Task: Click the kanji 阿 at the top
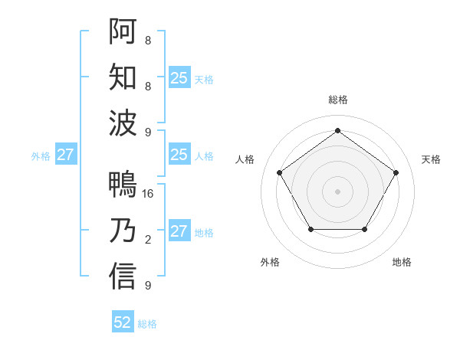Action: [123, 31]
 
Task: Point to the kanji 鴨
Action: [123, 185]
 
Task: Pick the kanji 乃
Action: [123, 231]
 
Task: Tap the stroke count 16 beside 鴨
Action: [149, 194]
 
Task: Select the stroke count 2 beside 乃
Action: [147, 240]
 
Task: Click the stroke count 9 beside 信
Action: [147, 286]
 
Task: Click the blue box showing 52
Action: [123, 322]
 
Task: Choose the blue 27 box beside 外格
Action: [65, 155]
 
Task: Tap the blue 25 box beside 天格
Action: [179, 77]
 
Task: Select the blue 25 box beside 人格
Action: [179, 155]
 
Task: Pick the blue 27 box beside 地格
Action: [179, 231]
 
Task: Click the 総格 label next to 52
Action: [147, 324]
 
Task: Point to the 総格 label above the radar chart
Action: [337, 100]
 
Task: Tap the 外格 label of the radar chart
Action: [270, 262]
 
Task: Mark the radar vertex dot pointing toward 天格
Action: [396, 172]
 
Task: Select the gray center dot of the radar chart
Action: [337, 191]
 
